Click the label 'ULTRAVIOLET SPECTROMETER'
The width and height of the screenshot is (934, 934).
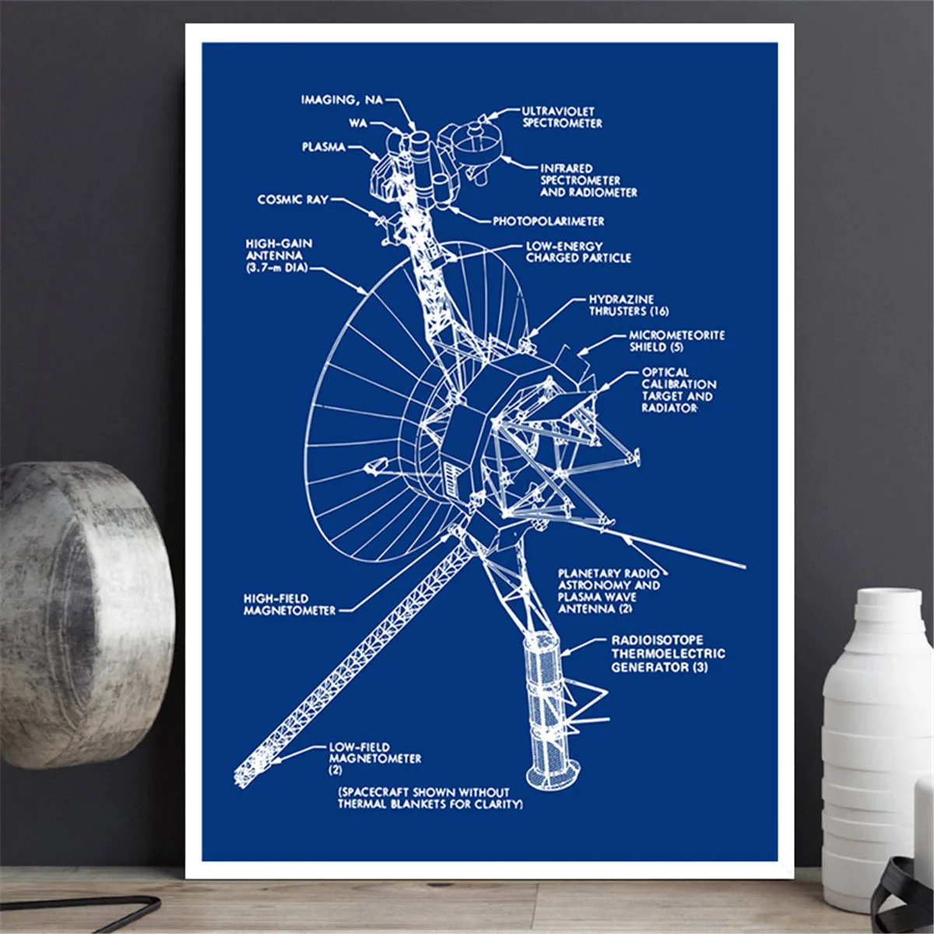tap(562, 117)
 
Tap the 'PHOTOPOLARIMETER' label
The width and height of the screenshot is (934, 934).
tap(548, 221)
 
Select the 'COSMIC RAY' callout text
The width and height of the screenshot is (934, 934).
tap(293, 200)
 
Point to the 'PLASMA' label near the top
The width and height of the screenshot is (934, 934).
tap(324, 147)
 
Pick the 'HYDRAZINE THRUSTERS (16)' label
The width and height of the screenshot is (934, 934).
tap(629, 305)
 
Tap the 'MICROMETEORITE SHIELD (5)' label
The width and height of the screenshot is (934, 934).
tap(676, 341)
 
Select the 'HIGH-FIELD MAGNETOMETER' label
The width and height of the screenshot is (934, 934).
tap(290, 605)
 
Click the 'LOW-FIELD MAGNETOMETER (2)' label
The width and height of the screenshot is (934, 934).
tap(374, 758)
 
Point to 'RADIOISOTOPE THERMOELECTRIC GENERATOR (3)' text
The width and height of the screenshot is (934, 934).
tap(667, 654)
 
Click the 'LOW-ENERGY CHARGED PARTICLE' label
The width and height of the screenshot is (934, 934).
tap(578, 251)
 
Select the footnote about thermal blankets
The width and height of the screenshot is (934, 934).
tap(430, 798)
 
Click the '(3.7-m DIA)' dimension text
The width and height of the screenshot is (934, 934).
tap(276, 268)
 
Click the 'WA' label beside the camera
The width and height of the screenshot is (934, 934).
tap(358, 123)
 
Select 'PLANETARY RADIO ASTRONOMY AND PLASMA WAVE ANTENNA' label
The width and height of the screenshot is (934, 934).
tap(608, 591)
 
